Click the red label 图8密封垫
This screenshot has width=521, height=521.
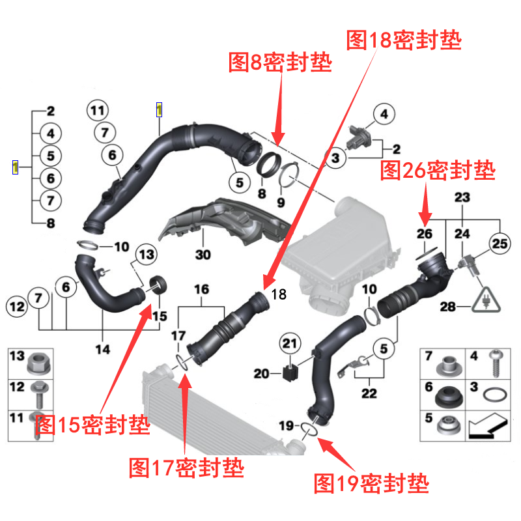[280, 63]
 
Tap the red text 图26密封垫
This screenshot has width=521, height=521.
[437, 171]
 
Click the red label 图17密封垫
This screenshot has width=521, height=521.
[186, 467]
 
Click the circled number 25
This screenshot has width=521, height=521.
[498, 244]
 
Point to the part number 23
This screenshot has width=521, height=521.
[462, 197]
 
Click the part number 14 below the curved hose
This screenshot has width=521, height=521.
[102, 350]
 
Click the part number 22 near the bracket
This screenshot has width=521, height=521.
[369, 393]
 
